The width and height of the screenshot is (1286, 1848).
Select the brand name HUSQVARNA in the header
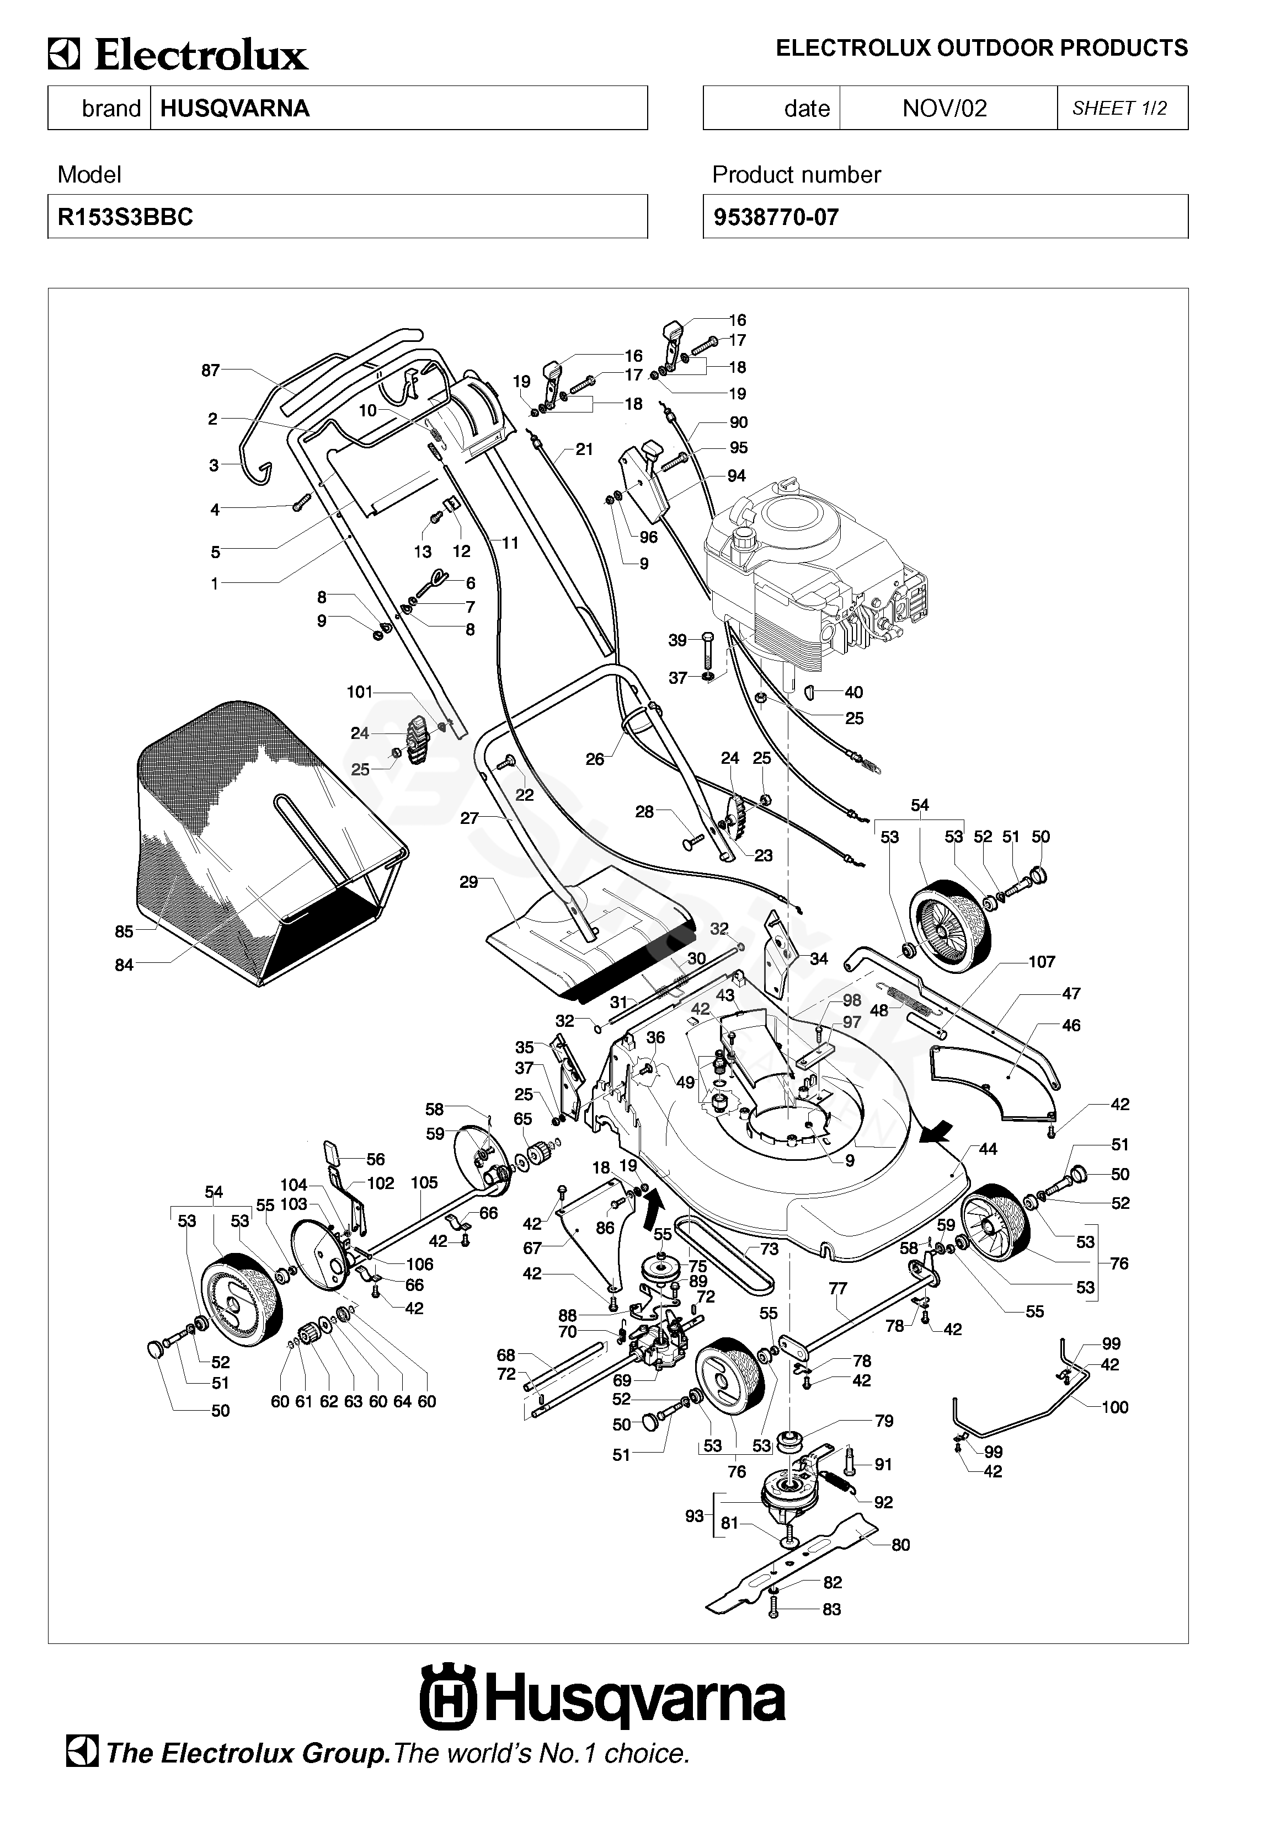[234, 109]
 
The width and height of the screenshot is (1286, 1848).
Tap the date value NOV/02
[944, 109]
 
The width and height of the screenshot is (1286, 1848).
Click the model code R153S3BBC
[126, 217]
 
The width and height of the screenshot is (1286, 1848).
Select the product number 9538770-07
[776, 217]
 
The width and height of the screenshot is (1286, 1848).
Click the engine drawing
[813, 580]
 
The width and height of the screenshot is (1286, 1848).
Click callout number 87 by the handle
[210, 370]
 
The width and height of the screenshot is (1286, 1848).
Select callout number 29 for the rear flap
[468, 882]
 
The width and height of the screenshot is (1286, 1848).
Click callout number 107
[1041, 961]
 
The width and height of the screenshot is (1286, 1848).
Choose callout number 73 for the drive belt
[769, 1249]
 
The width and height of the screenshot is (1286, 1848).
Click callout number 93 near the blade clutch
[694, 1515]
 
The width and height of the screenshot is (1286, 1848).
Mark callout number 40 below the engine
[853, 692]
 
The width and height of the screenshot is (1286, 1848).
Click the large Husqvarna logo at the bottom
[602, 1700]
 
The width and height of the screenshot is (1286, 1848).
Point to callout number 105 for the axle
[424, 1182]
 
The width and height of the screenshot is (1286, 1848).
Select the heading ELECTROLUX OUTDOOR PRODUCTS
[981, 49]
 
